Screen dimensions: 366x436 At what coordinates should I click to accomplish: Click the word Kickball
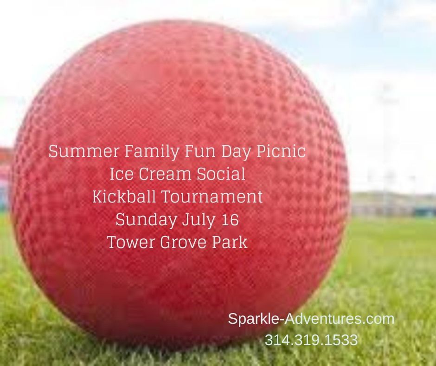coord(124,197)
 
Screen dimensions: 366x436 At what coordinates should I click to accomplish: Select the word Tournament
coord(212,197)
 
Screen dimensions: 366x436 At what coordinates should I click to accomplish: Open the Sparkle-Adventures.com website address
coord(311,319)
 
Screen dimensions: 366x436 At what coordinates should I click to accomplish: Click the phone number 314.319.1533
coord(311,340)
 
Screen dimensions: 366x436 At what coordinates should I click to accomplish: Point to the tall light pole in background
coord(385,139)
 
